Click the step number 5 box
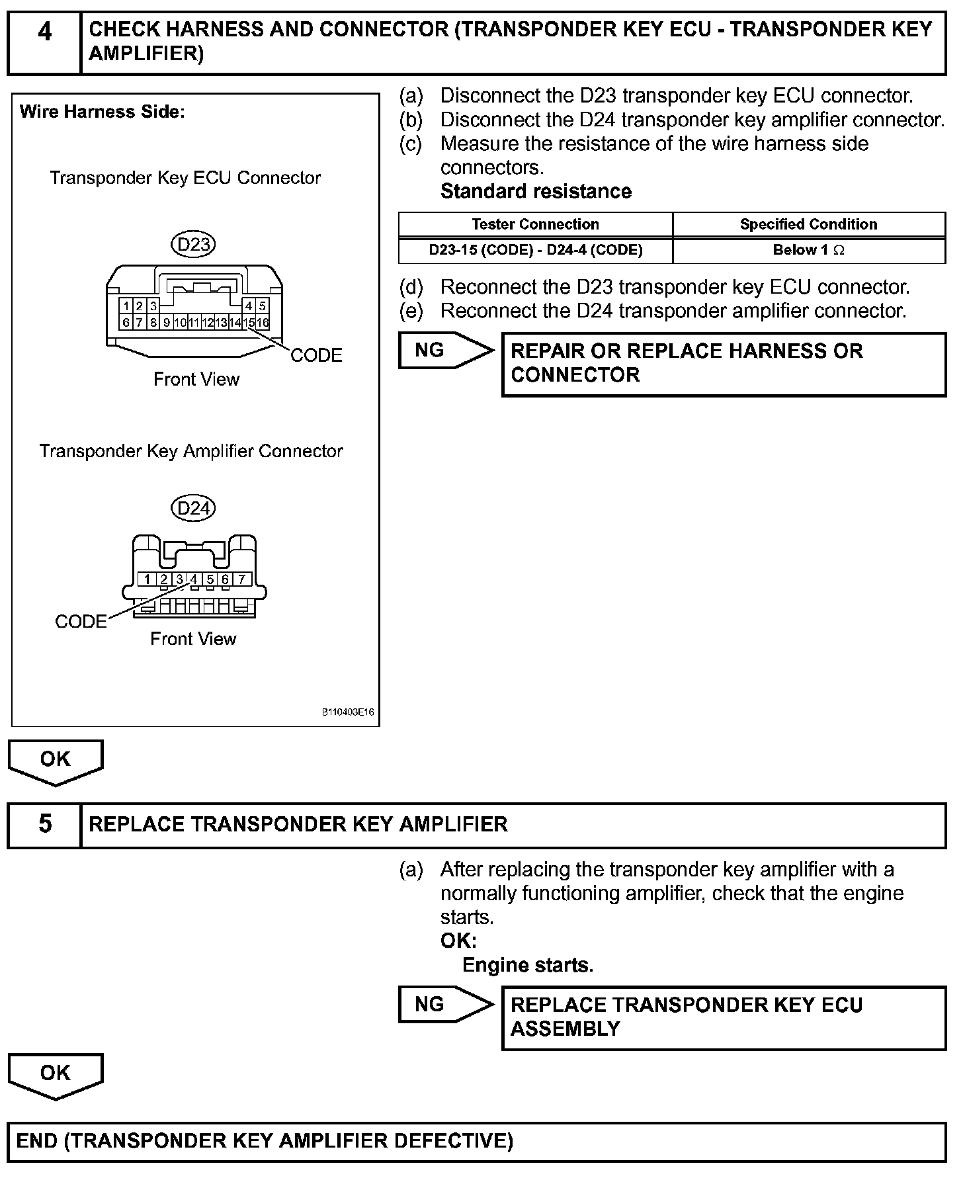44,824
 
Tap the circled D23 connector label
194,245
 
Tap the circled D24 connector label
194,508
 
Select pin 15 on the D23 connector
249,323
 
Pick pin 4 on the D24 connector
194,579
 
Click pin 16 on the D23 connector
263,323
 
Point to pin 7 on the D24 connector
242,579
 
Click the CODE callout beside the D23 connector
316,356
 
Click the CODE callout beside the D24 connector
81,622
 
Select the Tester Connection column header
535,224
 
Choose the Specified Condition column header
808,224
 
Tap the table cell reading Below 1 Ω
808,250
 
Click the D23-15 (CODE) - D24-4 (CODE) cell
535,250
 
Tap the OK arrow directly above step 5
56,761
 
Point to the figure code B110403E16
348,713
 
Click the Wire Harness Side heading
102,112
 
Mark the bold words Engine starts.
527,966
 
